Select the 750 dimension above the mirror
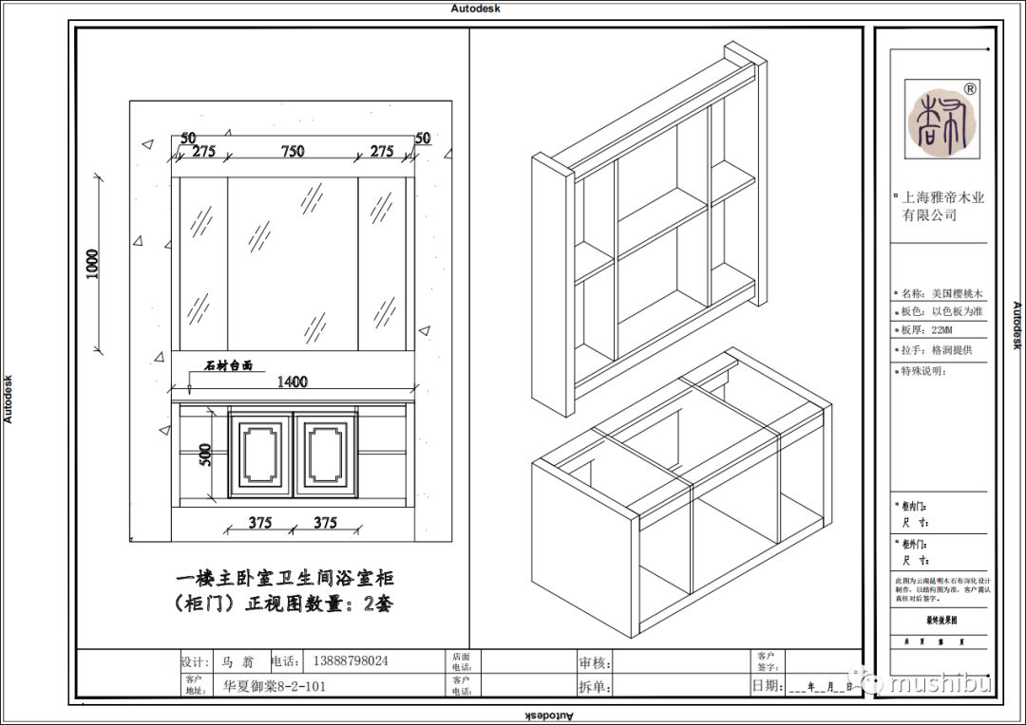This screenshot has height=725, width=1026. (x=292, y=151)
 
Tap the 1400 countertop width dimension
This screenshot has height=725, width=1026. (x=292, y=381)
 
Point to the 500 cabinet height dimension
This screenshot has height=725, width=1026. (x=203, y=455)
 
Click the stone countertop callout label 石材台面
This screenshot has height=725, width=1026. (x=229, y=365)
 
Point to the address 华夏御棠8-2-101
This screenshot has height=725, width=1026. (x=275, y=685)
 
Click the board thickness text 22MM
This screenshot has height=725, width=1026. (x=941, y=330)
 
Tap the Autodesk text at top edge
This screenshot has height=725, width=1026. (x=475, y=8)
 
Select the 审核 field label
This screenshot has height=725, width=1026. (x=595, y=662)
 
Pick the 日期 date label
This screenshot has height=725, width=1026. (x=767, y=685)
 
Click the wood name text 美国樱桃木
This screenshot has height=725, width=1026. (x=957, y=293)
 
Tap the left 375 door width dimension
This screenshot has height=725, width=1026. (x=259, y=523)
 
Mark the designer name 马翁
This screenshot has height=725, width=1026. (x=234, y=661)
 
